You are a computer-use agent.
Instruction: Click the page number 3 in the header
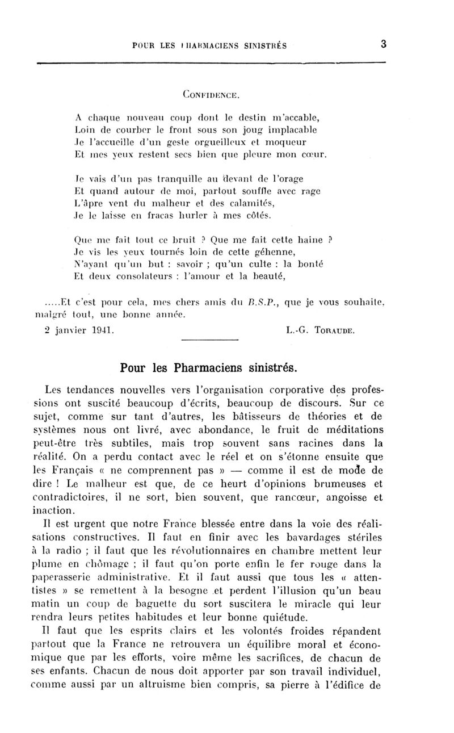pos(384,45)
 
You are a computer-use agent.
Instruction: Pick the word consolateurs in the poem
pos(133,278)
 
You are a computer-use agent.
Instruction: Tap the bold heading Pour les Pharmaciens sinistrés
pos(209,367)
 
